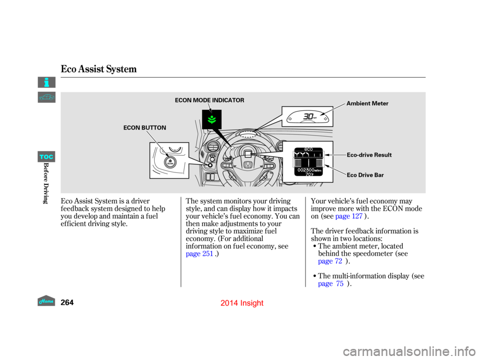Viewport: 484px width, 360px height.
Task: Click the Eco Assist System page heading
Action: pos(98,69)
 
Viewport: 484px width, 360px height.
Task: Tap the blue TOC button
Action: pos(46,157)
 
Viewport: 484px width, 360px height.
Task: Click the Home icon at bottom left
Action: pos(46,301)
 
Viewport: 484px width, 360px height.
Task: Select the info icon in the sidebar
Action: pos(46,82)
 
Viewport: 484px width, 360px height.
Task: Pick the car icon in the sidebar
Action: pos(46,97)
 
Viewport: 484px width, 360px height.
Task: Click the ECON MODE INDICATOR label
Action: pos(209,100)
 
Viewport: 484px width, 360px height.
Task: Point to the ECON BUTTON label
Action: pos(145,128)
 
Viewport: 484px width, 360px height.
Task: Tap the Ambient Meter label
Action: pos(368,103)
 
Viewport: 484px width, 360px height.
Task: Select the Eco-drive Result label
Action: pos(369,155)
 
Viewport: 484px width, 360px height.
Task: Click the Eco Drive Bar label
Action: pos(365,175)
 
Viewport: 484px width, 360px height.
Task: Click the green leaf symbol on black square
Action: pos(212,119)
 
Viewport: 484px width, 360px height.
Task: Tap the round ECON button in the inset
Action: pos(170,162)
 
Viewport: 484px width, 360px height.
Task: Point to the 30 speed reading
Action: pos(309,116)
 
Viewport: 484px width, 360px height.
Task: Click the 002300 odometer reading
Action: pos(306,170)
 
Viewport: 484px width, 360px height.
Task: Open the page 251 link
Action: pos(200,254)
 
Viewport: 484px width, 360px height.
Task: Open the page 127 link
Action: pos(349,216)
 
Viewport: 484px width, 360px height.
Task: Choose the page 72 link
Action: pos(330,261)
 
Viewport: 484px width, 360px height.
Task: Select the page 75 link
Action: pos(331,284)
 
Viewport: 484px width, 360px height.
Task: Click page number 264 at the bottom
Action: pos(67,303)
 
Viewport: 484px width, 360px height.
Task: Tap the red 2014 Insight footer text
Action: pos(242,303)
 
